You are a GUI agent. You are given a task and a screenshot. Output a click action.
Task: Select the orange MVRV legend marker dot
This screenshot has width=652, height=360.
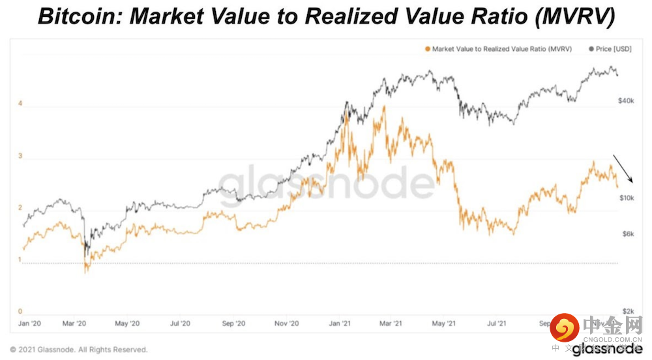[427, 49]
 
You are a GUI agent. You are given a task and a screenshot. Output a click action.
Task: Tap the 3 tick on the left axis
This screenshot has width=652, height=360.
[20, 156]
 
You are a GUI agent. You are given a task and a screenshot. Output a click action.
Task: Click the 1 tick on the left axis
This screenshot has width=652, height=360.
[20, 260]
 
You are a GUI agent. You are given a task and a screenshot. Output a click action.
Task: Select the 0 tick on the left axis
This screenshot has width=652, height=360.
[20, 312]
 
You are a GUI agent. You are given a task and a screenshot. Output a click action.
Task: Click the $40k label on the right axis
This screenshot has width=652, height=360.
[626, 101]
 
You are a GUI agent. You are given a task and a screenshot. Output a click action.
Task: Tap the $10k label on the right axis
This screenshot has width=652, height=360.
[626, 197]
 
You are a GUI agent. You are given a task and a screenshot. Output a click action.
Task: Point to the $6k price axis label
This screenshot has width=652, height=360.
[627, 233]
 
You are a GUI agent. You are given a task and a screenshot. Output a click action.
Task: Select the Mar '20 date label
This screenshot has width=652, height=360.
[76, 323]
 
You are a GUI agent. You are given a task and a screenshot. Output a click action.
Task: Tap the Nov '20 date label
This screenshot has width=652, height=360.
[286, 323]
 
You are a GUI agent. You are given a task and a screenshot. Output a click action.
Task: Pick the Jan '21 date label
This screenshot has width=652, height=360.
[339, 323]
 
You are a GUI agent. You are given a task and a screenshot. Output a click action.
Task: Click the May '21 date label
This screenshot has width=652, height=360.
[444, 323]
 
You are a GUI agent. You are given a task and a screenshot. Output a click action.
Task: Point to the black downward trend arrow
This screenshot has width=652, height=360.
[624, 169]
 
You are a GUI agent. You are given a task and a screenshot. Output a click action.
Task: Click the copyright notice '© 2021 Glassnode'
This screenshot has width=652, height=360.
[78, 350]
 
